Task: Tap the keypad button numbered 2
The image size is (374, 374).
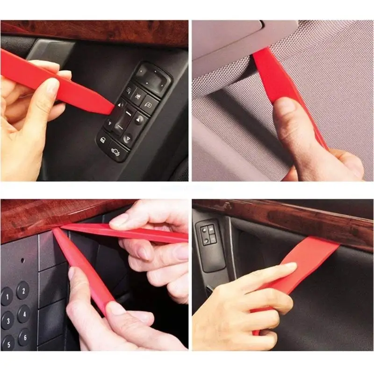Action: pos(22,290)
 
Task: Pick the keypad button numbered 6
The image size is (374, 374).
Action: pos(24,336)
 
